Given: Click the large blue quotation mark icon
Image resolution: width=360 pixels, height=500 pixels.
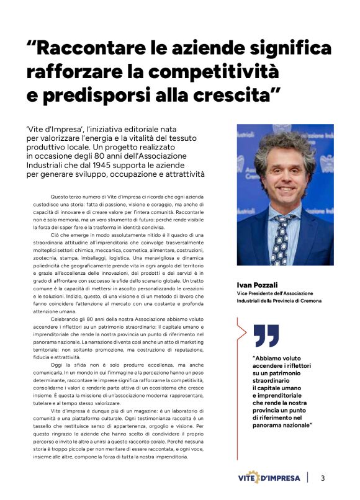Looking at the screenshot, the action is pos(266,336).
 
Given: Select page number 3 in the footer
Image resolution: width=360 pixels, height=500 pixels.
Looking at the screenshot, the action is pos(323,478).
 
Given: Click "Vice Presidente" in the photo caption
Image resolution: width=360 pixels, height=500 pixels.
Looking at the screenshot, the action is pos(254,293).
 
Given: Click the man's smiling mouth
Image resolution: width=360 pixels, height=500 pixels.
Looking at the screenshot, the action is pos(286,189).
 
